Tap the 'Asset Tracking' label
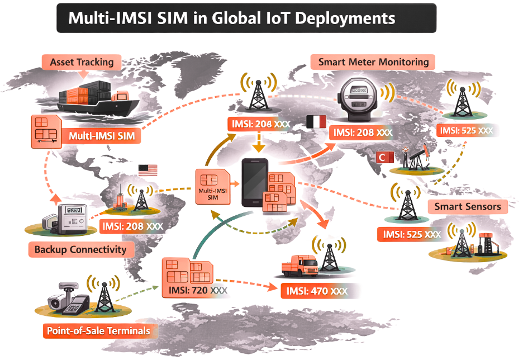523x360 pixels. (82, 62)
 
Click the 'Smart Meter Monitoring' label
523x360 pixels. (373, 62)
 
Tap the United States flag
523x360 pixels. (148, 170)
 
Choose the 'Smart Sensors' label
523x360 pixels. (468, 206)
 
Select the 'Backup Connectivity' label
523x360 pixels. (80, 249)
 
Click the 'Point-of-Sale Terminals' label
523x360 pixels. (98, 331)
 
